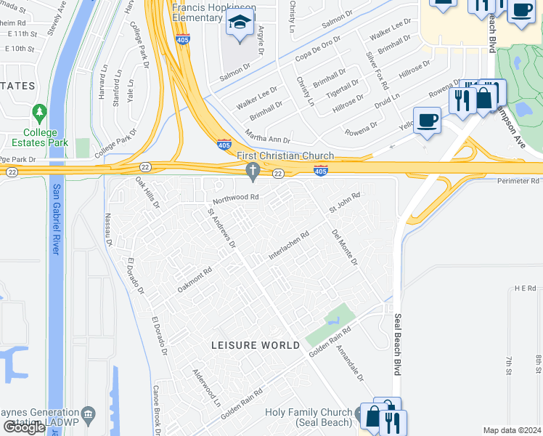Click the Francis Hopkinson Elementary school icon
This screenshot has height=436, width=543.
click(x=238, y=23)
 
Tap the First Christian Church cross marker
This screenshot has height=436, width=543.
click(x=253, y=171)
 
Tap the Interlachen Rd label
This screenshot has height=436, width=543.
click(x=289, y=245)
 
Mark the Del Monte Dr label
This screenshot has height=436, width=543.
click(x=345, y=248)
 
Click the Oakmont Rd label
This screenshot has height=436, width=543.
click(x=194, y=280)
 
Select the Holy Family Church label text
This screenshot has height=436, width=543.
click(x=309, y=413)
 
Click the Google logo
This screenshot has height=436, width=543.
click(x=25, y=427)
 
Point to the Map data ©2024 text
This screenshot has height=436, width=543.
click(x=511, y=430)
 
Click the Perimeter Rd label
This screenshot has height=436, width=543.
click(x=518, y=180)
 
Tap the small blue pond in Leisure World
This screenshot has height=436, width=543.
click(x=335, y=318)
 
